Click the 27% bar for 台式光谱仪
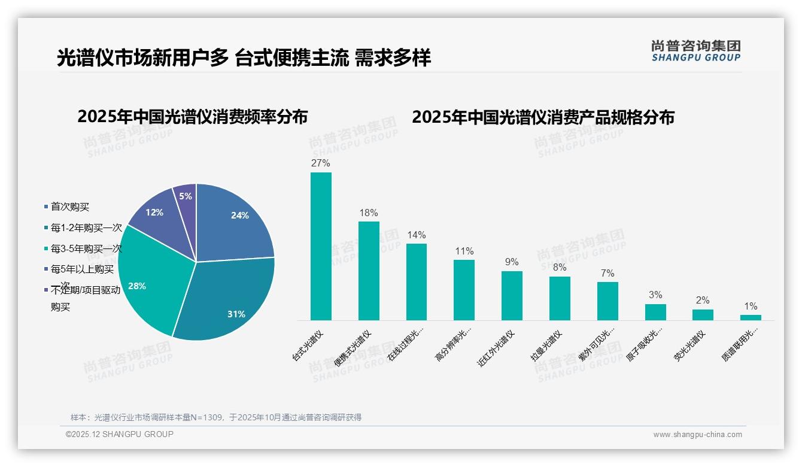[321, 246]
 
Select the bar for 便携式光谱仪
[369, 271]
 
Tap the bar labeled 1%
[751, 317]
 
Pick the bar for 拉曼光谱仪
[560, 298]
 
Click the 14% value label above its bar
[417, 235]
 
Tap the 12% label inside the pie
[154, 212]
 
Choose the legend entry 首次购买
[69, 207]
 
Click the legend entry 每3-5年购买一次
[86, 248]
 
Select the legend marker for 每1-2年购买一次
[46, 228]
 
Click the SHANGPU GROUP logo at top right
[695, 51]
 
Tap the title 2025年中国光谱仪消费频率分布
[192, 117]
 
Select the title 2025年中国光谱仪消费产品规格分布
[543, 117]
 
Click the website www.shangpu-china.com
[697, 435]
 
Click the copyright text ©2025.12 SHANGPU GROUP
[119, 434]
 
